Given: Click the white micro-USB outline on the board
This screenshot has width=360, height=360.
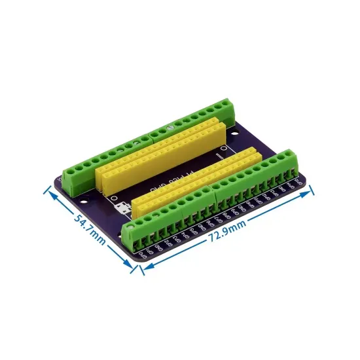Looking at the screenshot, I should (120, 209).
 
